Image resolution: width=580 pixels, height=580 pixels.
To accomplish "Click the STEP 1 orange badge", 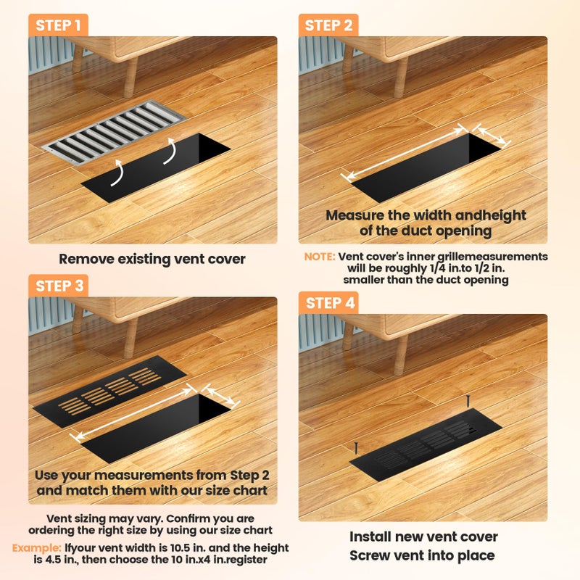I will coord(58,25).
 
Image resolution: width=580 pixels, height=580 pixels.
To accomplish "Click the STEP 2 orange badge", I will coord(328,25).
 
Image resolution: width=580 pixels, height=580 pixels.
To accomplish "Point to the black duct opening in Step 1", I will coord(156,168).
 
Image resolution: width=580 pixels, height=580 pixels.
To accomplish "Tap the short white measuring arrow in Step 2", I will coord(492,134).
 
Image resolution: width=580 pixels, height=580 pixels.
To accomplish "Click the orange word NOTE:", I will coord(319,257).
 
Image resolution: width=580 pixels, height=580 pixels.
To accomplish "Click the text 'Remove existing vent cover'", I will coord(152,259).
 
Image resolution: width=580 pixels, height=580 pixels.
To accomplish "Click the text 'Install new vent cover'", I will coord(423,536).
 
